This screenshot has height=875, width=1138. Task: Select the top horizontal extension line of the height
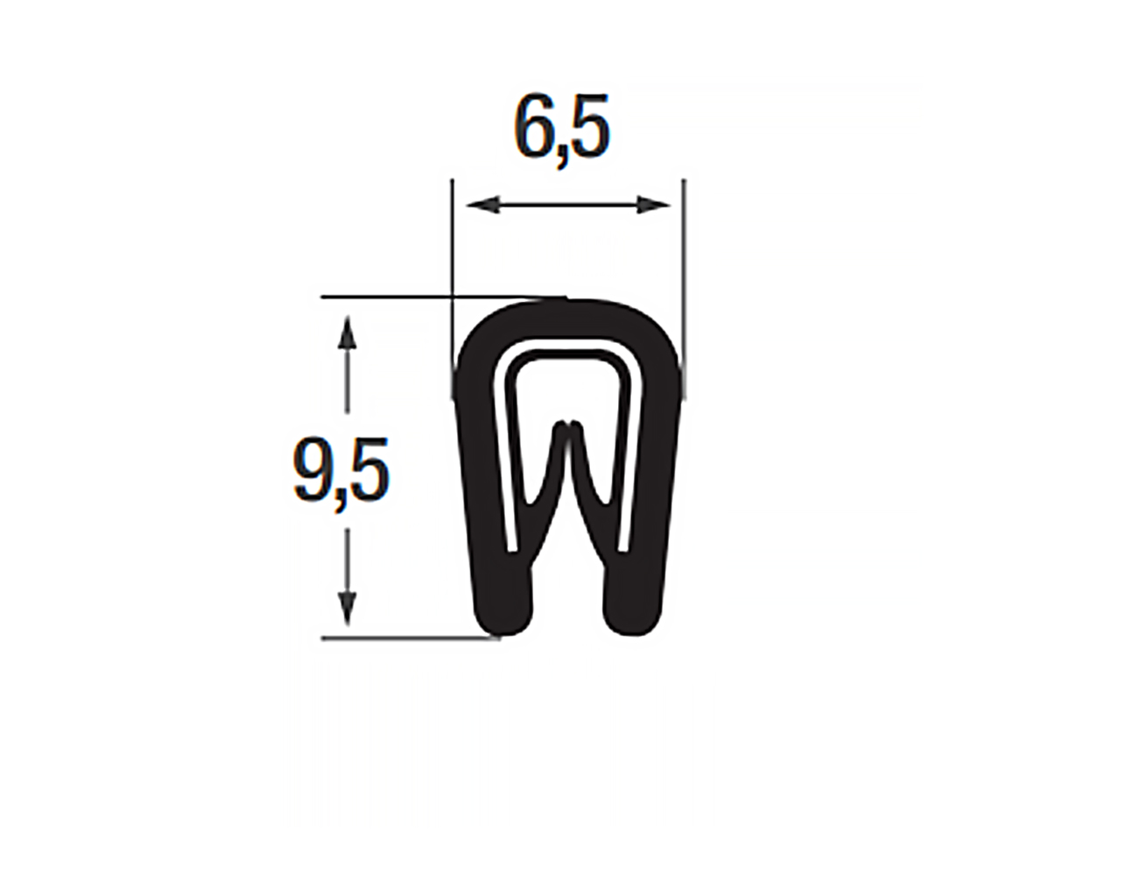coord(394,297)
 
